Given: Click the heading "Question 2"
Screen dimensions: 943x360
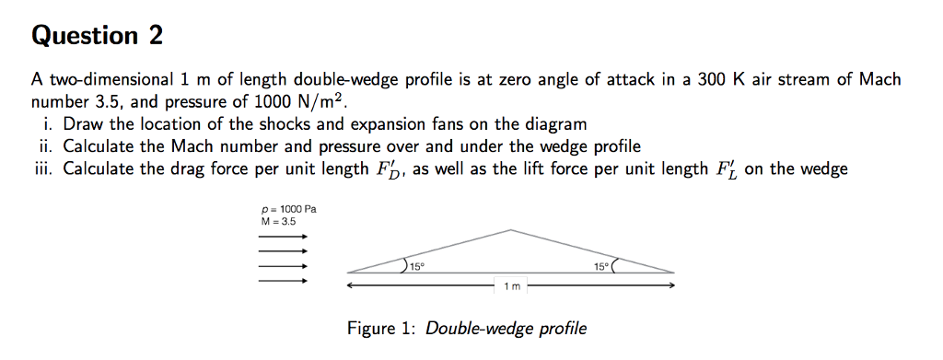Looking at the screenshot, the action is coord(97,36).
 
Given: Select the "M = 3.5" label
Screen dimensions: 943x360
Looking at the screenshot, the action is coord(279,221).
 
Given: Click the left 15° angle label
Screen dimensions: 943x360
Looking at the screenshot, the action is coord(417,266).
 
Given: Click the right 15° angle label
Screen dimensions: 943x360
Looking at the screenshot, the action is coord(601,266).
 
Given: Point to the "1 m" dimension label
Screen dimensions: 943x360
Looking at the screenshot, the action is coord(512,286).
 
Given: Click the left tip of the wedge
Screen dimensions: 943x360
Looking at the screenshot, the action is coord(349,272).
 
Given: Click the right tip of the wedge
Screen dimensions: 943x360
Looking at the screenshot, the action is coord(674,272).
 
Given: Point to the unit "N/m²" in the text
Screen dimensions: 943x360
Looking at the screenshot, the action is coord(326,100).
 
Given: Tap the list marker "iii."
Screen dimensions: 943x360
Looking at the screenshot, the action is coord(45,169).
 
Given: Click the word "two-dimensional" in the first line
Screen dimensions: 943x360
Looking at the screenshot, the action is coord(105,81).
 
